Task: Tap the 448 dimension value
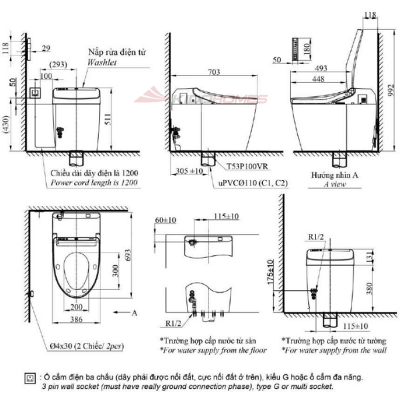coord(319,78)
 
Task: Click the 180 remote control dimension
coord(305,49)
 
